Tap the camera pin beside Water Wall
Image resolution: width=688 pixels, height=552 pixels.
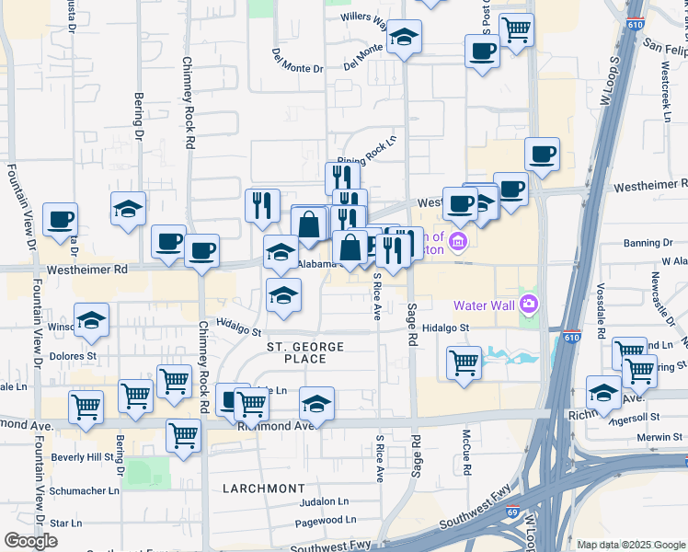click(529, 303)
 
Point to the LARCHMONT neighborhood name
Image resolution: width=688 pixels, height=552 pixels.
click(263, 488)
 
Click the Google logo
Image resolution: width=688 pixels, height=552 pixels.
click(30, 541)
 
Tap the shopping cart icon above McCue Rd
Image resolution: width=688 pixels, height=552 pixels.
click(464, 361)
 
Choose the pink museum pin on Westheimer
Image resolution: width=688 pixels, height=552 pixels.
click(458, 243)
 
